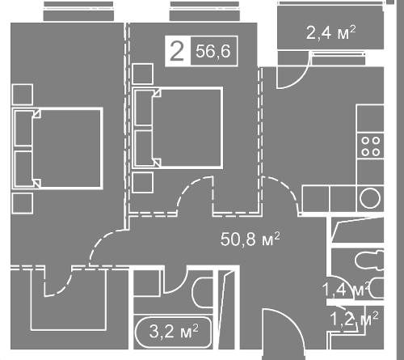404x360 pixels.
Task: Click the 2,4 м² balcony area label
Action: (331, 33)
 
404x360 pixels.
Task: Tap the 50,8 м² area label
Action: (250, 239)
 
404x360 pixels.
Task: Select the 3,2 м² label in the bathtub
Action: (174, 331)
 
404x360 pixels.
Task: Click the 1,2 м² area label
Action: (354, 319)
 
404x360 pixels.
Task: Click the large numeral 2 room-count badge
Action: (177, 51)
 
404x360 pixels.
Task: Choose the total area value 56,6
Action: (213, 51)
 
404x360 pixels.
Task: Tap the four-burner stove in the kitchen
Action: (370, 146)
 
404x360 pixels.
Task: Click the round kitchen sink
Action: (370, 198)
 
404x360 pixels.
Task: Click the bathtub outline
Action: (173, 332)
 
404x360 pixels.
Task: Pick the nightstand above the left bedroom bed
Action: (23, 95)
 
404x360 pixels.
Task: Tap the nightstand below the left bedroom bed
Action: (23, 203)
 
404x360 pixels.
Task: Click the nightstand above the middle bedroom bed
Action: (143, 74)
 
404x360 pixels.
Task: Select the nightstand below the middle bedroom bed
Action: (143, 183)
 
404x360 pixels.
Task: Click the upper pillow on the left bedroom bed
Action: (23, 129)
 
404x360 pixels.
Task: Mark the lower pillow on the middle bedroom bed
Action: (144, 148)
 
